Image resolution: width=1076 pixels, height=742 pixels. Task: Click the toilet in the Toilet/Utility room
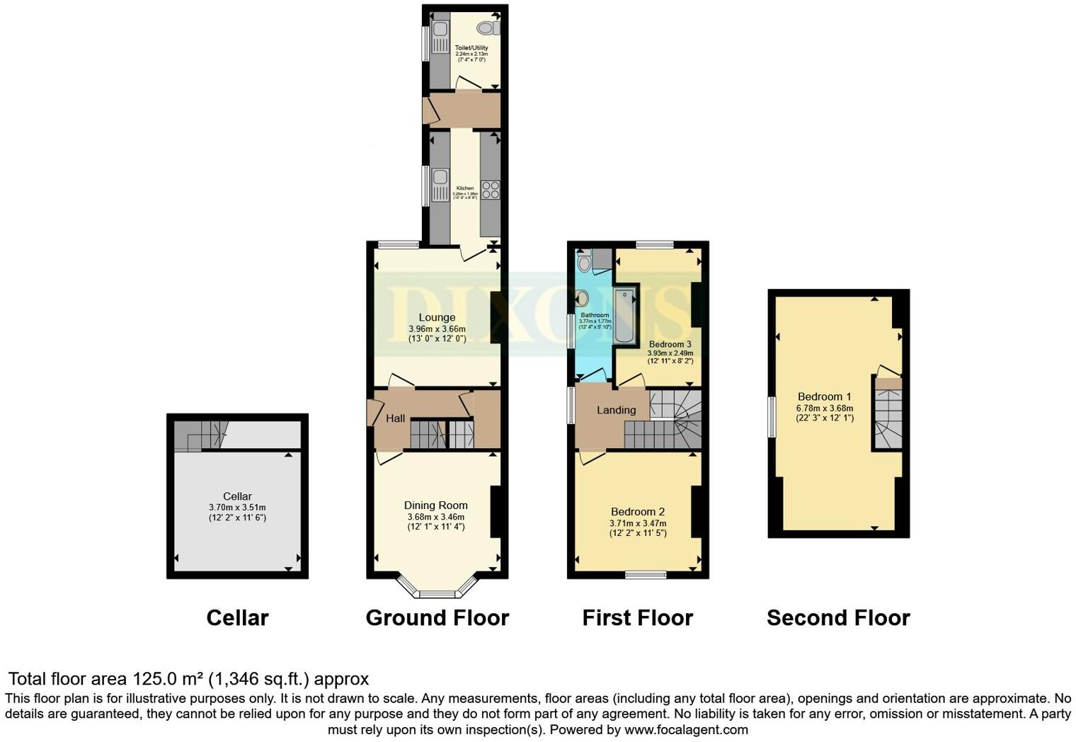[x=488, y=28]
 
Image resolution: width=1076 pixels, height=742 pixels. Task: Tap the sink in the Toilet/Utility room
[x=438, y=30]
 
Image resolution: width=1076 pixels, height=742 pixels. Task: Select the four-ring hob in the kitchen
[x=490, y=189]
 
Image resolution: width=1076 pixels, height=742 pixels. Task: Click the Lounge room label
[x=437, y=317]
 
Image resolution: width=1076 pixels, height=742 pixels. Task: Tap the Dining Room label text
[x=435, y=505]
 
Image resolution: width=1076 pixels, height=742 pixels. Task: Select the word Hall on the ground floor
[x=395, y=418]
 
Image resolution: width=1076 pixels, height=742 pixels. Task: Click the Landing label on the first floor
[x=616, y=410]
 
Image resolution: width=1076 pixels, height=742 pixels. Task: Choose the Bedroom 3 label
[x=670, y=344]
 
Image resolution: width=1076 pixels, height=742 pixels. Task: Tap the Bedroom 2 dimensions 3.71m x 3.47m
[x=637, y=523]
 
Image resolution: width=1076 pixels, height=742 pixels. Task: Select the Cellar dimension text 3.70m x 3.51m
[x=237, y=508]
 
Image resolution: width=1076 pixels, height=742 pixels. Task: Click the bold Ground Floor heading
[x=437, y=617]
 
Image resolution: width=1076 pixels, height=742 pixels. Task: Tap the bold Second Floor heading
[x=838, y=617]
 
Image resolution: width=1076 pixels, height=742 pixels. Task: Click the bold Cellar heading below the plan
[x=237, y=617]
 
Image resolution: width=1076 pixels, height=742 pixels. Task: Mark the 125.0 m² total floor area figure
[x=168, y=679]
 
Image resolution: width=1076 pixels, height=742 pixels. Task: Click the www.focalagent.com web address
[x=686, y=729]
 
